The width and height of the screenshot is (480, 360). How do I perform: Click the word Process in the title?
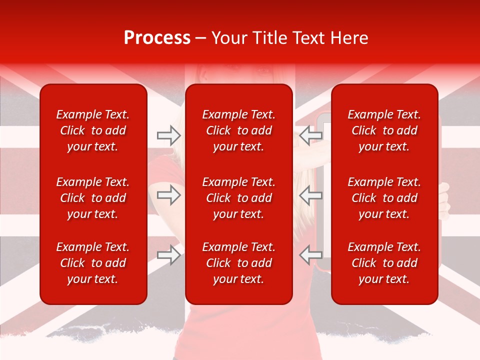tap(157, 38)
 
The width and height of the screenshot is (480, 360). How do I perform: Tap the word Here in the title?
tap(348, 38)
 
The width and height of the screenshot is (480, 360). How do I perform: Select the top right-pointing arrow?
tap(169, 135)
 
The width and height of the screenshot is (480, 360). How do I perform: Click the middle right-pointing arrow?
tap(169, 194)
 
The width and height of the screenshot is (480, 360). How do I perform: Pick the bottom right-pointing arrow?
tap(169, 254)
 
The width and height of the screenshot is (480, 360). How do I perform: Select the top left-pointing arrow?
tap(310, 135)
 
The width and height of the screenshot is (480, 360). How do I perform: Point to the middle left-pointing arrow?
tap(310, 194)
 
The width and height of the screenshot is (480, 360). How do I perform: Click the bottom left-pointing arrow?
tap(310, 254)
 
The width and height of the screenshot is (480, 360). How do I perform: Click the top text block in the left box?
tap(93, 130)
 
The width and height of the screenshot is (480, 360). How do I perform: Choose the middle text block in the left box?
tap(93, 198)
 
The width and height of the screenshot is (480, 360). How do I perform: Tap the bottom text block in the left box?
tap(93, 263)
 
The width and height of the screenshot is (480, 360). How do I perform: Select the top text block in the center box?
tap(238, 130)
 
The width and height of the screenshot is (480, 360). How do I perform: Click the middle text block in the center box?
tap(238, 198)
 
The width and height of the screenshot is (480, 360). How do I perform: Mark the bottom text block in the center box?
tap(238, 263)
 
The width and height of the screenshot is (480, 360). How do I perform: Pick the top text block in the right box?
tap(384, 130)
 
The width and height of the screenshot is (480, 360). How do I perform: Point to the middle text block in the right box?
tap(384, 198)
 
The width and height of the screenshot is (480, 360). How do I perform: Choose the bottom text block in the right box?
tap(384, 263)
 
